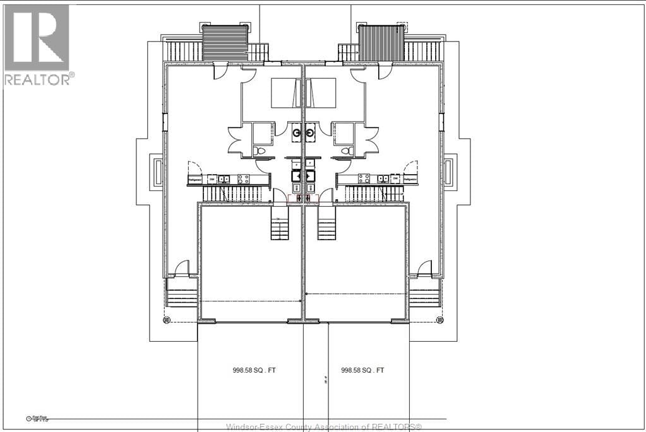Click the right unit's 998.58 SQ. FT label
(362, 370)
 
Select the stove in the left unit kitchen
(242, 179)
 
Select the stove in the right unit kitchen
(364, 179)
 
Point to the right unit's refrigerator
(410, 180)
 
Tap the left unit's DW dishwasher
(212, 179)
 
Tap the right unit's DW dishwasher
(395, 179)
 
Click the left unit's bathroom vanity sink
(296, 132)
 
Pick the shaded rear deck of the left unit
(225, 43)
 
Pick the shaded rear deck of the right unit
(381, 43)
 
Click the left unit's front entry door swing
(181, 268)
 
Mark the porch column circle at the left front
(167, 320)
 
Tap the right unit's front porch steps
(424, 293)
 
